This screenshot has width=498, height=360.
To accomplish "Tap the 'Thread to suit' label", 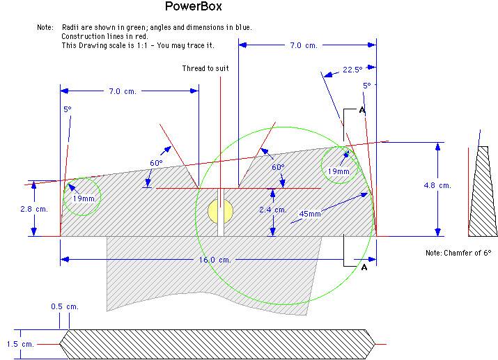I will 205,68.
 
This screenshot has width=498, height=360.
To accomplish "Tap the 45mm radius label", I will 310,214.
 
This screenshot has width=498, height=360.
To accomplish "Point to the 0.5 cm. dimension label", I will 64,306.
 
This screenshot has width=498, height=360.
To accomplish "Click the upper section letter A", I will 362,110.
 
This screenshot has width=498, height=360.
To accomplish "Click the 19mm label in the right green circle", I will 339,171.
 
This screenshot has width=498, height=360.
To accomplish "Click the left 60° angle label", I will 156,163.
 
